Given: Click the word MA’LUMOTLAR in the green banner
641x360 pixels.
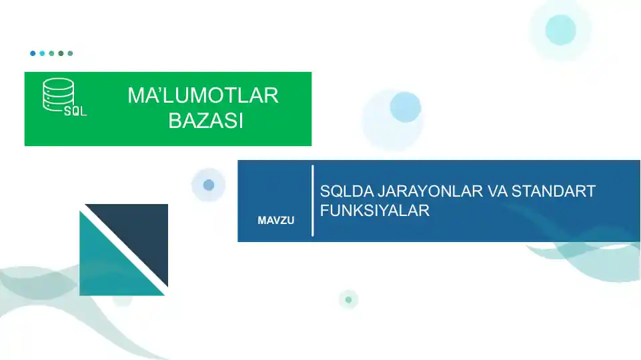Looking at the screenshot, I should click(x=203, y=96).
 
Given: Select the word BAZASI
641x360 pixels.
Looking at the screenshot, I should click(x=205, y=121).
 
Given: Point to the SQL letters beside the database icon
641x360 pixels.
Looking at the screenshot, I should click(x=75, y=112).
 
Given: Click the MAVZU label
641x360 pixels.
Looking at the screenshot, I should click(x=275, y=220).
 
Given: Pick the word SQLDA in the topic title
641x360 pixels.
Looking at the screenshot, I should click(x=347, y=192).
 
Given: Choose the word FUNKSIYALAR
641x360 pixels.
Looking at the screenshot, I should click(x=374, y=211).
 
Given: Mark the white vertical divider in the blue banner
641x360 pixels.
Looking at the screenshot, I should click(x=312, y=201).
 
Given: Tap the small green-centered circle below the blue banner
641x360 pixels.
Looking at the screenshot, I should click(x=348, y=300).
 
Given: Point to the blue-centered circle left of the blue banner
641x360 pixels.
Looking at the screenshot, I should click(x=209, y=185).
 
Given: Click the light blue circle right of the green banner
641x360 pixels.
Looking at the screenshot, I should click(x=405, y=107).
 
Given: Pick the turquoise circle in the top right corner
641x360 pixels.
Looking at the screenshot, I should click(x=560, y=29).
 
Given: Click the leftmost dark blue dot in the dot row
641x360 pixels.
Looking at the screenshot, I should click(x=33, y=53).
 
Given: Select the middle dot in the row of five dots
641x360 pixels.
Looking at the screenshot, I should click(x=51, y=53).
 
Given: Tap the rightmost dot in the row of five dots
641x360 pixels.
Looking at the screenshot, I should click(x=70, y=53).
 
